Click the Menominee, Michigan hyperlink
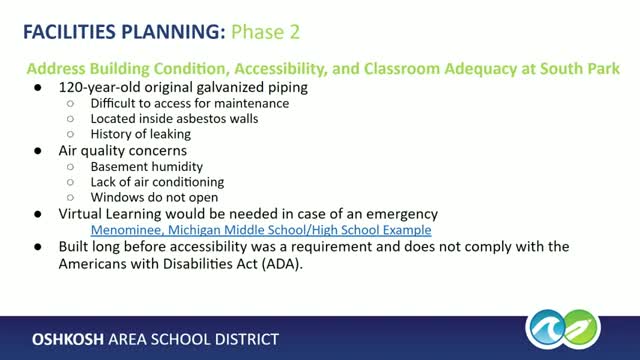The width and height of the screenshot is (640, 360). click(261, 229)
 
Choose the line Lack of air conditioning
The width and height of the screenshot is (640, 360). click(157, 182)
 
